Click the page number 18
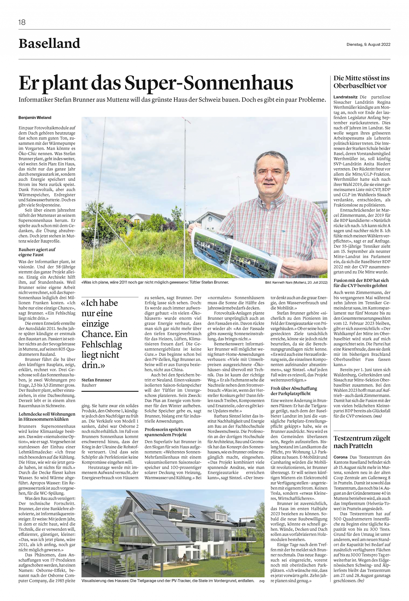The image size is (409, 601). click(x=22, y=23)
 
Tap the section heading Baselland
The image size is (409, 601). click(x=49, y=43)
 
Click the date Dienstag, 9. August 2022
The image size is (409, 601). click(x=368, y=44)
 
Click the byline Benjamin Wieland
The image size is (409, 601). click(x=35, y=118)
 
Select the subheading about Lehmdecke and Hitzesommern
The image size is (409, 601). click(x=47, y=417)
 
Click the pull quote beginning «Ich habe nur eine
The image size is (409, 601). click(x=105, y=334)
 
